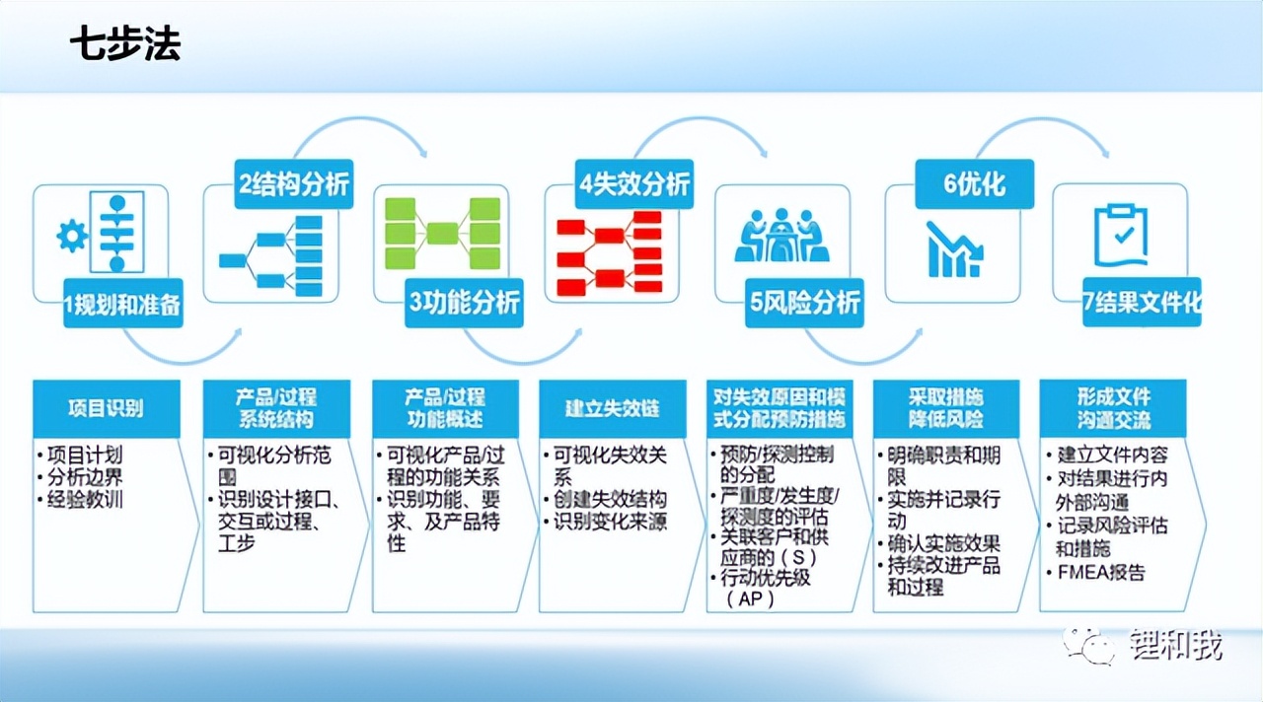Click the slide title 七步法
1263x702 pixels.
[x=125, y=45]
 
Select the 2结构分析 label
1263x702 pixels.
[x=293, y=184]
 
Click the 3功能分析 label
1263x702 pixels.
[x=464, y=305]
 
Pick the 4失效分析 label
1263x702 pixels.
[x=633, y=184]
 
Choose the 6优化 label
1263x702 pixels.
[x=974, y=184]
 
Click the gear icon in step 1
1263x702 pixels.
[x=72, y=237]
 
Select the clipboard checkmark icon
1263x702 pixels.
[x=1122, y=237]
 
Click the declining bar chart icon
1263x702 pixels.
[x=954, y=248]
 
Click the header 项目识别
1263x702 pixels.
[x=106, y=407]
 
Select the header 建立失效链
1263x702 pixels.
[x=611, y=408]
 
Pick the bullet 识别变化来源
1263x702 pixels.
[x=609, y=521]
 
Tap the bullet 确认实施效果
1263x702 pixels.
[x=942, y=543]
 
